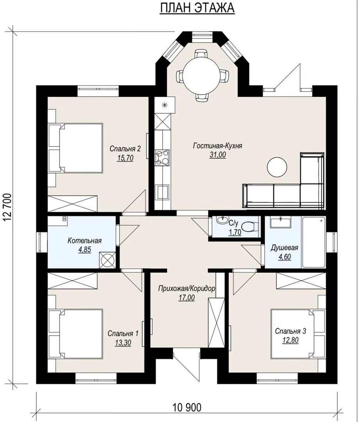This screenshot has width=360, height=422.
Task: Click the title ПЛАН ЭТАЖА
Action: (197, 8)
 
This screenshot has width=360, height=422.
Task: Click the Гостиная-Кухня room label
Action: (217, 146)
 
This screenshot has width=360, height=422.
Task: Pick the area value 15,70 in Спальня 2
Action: (125, 158)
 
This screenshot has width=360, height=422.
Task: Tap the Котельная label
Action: (84, 240)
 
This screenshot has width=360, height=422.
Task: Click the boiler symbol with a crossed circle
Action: (107, 260)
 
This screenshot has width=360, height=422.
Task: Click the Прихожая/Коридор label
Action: (187, 288)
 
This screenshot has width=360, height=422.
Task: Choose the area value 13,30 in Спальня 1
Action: (123, 343)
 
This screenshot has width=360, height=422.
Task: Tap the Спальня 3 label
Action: (290, 331)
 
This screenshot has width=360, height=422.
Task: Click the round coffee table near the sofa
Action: (277, 167)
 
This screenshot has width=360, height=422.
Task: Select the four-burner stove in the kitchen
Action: (162, 157)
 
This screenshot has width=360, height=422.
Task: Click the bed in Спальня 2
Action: (76, 148)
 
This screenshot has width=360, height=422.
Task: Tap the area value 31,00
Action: (217, 155)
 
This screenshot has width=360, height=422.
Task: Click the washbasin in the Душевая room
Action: (280, 223)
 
